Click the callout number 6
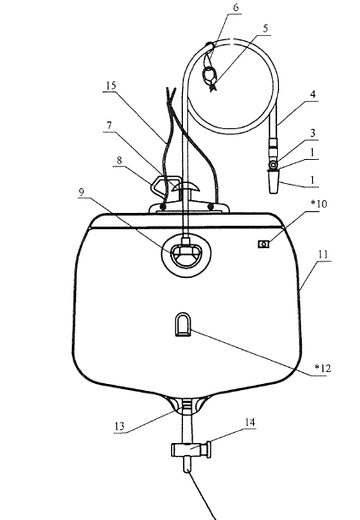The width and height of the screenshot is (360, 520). [x=236, y=8]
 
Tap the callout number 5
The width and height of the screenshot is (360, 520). [x=265, y=28]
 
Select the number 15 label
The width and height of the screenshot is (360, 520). [x=111, y=86]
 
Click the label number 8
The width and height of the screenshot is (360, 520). [x=120, y=160]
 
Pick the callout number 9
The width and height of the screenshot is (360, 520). [x=81, y=192]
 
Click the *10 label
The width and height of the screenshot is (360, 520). [x=319, y=204]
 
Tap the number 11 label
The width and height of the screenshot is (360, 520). [x=323, y=254]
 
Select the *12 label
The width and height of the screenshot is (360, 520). [x=322, y=368]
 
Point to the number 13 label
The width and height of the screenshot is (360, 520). [x=120, y=426]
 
